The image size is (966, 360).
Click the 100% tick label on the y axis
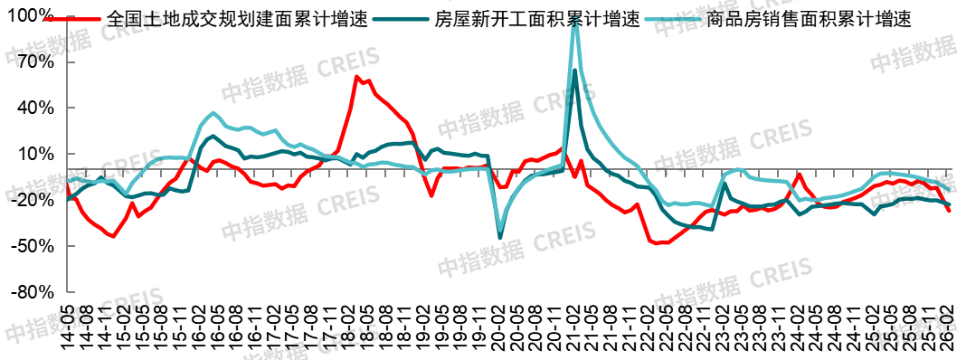pyautogui.click(x=33, y=15)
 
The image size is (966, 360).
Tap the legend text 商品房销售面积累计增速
pyautogui.click(x=807, y=18)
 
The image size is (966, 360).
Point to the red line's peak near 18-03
pyautogui.click(x=356, y=77)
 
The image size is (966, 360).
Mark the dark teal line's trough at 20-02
pyautogui.click(x=500, y=238)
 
